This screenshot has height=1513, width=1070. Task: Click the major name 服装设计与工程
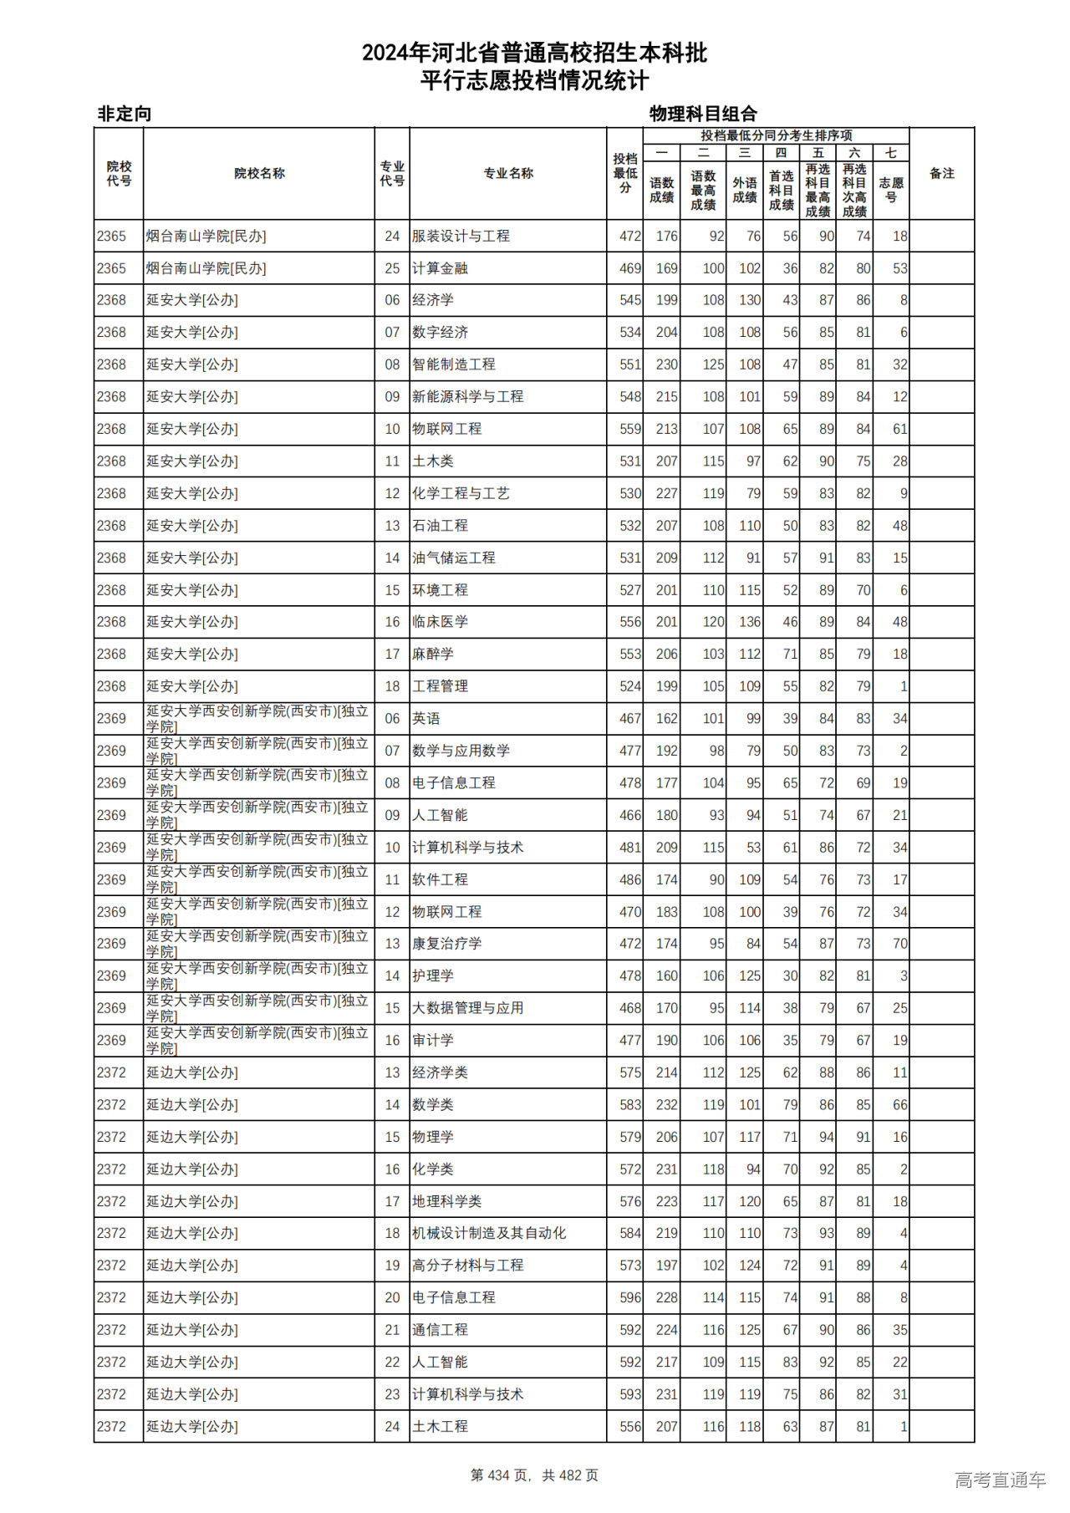(x=461, y=237)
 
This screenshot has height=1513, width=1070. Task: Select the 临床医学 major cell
(x=440, y=622)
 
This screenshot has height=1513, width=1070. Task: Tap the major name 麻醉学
(x=433, y=655)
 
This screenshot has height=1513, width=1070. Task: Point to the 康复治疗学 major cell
(x=447, y=944)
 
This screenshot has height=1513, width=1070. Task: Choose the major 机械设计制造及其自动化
(x=489, y=1233)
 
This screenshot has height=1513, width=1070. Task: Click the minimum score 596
(x=630, y=1297)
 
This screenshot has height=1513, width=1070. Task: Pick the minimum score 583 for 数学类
(x=630, y=1105)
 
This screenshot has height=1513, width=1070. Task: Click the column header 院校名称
(x=259, y=174)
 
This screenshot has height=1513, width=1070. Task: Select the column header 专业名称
(x=508, y=174)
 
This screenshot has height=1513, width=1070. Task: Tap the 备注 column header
(x=942, y=174)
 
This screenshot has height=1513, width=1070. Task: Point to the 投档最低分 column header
(x=625, y=173)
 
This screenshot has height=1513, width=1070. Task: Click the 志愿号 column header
(x=891, y=190)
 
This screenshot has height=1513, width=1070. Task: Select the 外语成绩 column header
(x=745, y=190)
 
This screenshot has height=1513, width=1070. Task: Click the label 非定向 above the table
(x=125, y=114)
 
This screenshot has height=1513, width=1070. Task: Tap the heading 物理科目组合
(x=703, y=114)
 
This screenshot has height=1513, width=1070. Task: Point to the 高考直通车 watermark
(x=1000, y=1480)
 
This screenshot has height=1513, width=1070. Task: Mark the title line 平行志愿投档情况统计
(x=534, y=81)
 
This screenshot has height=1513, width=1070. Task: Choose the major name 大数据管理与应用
(x=468, y=1008)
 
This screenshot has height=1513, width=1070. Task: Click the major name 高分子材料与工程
(x=468, y=1266)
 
